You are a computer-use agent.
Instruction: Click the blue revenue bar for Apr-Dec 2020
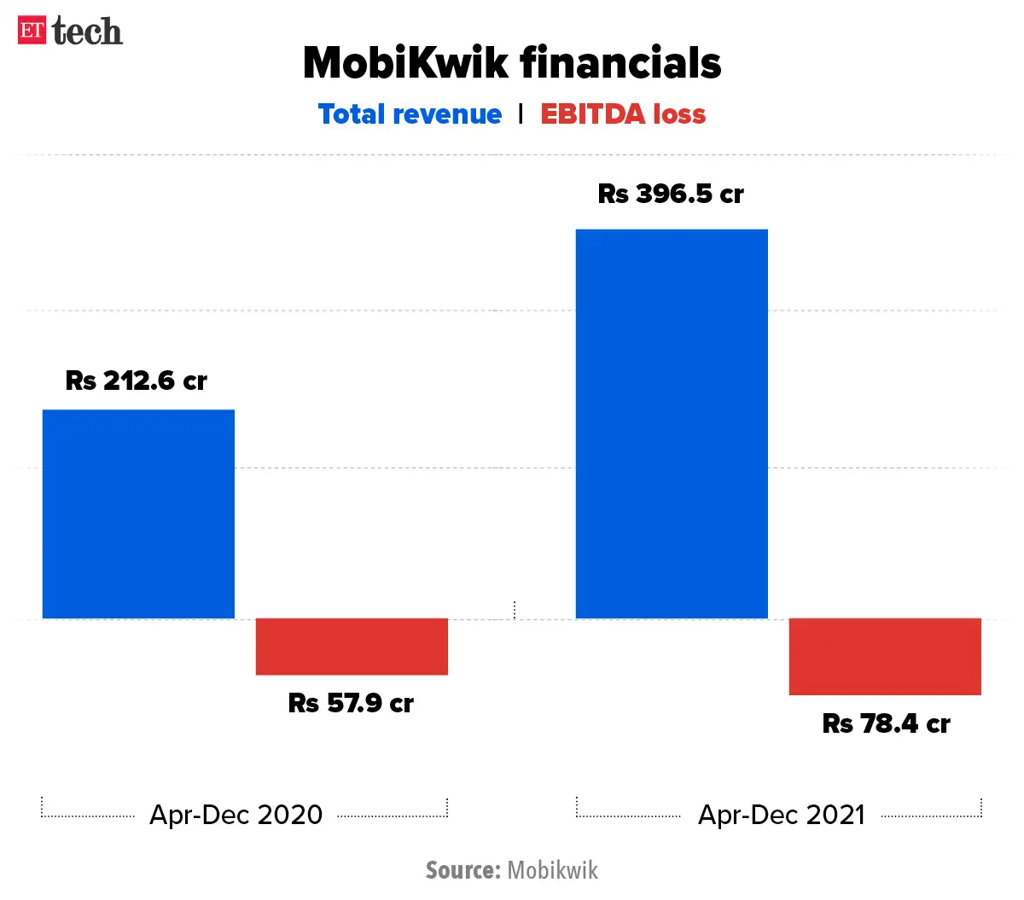pos(138,514)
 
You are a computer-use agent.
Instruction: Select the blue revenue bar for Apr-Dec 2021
pos(672,424)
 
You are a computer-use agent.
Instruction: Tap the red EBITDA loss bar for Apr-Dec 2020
pos(352,647)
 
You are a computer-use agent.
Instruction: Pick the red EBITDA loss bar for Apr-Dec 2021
pos(885,656)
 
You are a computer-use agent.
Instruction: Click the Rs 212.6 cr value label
pos(137,380)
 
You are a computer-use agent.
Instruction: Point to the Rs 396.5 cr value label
pos(671,194)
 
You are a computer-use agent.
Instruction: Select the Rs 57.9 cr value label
pos(351,703)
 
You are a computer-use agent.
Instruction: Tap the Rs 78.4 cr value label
pos(886,723)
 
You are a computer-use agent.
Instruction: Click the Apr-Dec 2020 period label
pos(236,815)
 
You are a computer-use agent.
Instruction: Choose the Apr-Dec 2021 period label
pos(782,815)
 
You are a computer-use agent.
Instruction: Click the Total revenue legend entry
pos(410,114)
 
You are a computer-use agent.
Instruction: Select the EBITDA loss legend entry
pos(623,114)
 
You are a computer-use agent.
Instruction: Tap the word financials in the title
pos(620,63)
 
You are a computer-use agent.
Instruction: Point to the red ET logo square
pos(32,31)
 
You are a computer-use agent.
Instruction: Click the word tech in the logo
pos(87,32)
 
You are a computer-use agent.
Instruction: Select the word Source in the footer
pos(463,870)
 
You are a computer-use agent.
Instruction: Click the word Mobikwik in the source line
pos(553,870)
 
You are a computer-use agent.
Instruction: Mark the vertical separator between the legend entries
pos(521,113)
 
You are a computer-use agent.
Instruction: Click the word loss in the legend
pos(679,114)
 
